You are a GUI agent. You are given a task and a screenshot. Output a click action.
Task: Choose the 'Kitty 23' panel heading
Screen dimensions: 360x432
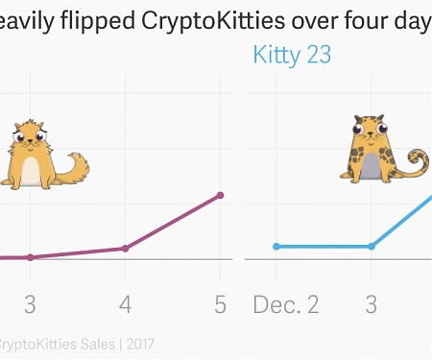292,55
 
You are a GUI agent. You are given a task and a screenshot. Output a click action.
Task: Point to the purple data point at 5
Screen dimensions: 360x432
221,195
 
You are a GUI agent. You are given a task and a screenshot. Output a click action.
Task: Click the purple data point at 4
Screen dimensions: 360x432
125,249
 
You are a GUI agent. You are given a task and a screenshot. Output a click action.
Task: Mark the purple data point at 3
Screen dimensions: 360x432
30,257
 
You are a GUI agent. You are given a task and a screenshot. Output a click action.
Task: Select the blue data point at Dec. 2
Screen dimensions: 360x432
276,247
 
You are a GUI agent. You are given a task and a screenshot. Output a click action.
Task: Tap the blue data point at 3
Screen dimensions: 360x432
372,247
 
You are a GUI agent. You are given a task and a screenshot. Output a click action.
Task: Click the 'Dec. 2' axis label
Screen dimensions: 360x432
286,304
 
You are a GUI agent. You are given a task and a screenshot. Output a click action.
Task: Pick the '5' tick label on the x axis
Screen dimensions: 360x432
220,304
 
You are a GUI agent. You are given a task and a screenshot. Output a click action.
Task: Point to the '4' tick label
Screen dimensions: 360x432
125,304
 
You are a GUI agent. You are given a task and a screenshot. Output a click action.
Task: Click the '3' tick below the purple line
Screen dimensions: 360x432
30,304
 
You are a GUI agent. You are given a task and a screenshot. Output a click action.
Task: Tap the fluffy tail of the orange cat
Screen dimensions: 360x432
75,171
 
